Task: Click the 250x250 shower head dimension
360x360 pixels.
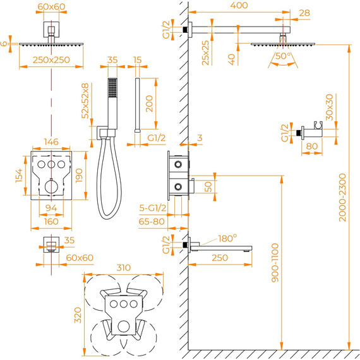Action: click(x=51, y=60)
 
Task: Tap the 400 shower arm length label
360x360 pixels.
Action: click(x=239, y=5)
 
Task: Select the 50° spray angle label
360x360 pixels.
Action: click(x=284, y=56)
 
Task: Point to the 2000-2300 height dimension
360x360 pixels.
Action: click(x=342, y=198)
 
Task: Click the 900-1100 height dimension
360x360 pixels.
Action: click(x=275, y=263)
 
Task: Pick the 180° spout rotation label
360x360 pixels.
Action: click(x=227, y=239)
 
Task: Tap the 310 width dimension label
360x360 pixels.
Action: click(x=124, y=268)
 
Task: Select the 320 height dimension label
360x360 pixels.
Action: click(x=78, y=315)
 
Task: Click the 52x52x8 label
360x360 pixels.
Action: click(x=85, y=101)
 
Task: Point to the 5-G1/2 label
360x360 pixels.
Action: click(x=153, y=208)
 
